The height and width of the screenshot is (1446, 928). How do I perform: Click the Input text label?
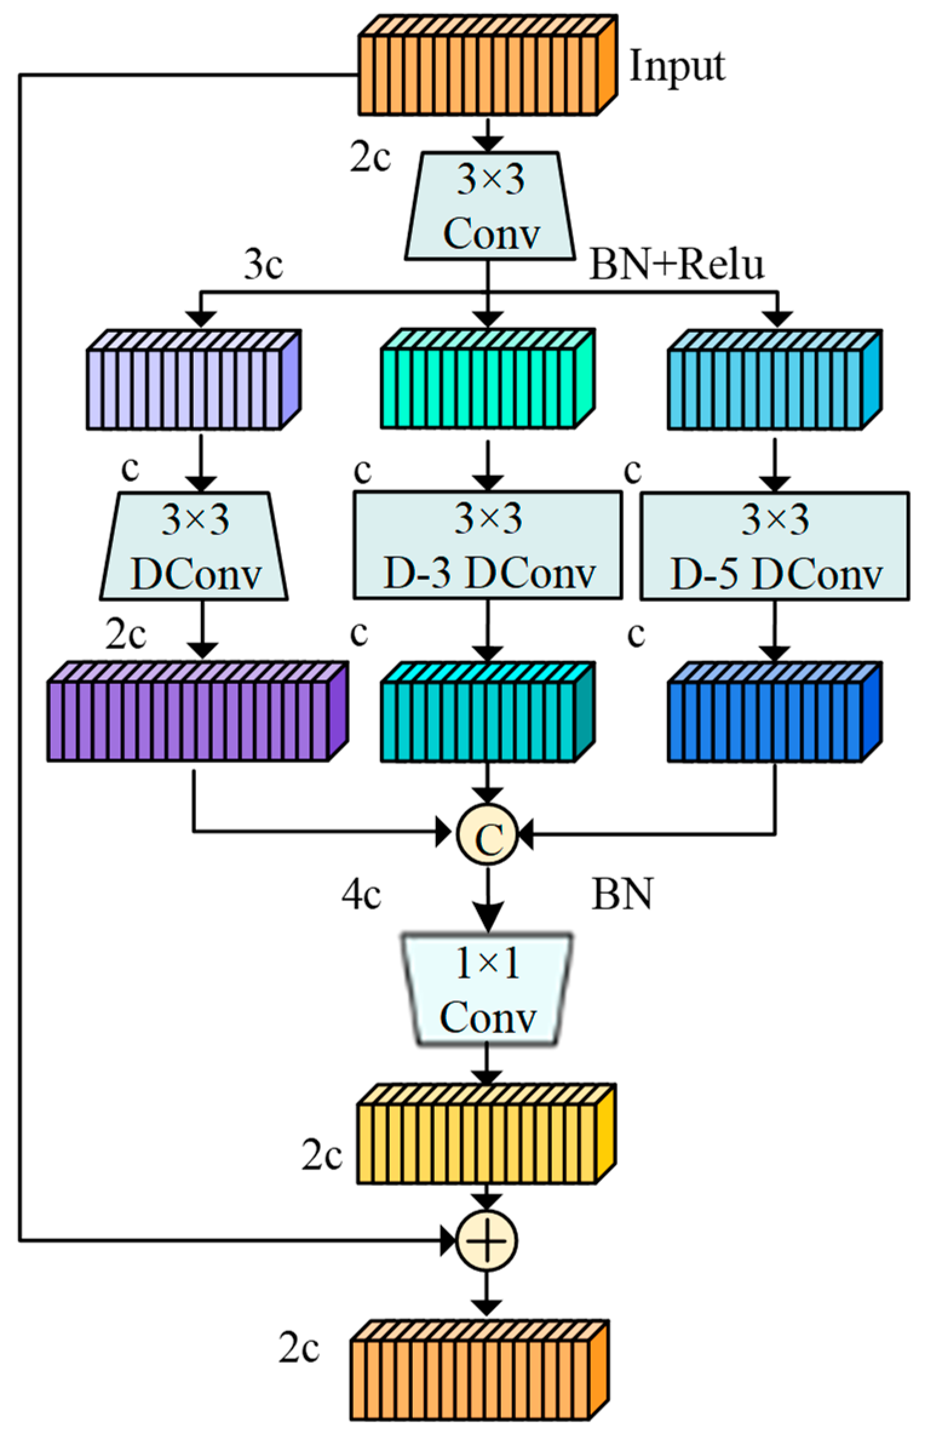pos(677,67)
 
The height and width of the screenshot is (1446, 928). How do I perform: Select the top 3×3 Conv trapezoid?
pos(489,207)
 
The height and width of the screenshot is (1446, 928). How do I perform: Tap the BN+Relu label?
pos(676,265)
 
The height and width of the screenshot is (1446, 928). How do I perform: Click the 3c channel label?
pos(263,266)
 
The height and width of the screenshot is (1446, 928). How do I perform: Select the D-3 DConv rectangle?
pos(487,546)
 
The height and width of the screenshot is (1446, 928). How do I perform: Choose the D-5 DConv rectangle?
pos(774,546)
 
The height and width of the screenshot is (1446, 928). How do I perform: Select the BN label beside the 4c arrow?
pos(621,895)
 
